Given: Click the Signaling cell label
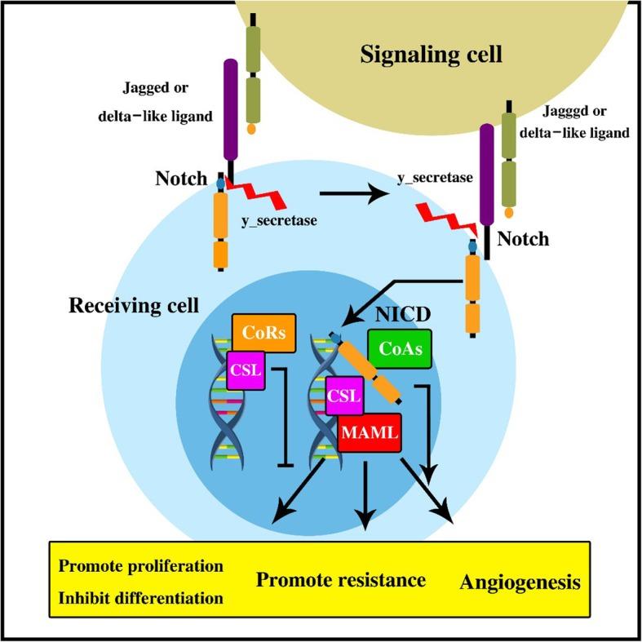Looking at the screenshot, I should pyautogui.click(x=432, y=56).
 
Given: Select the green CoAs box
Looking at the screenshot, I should pyautogui.click(x=400, y=348).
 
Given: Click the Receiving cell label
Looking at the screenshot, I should pyautogui.click(x=135, y=307).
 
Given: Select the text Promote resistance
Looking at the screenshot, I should pyautogui.click(x=341, y=580).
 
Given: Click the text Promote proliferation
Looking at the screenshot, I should pyautogui.click(x=140, y=565).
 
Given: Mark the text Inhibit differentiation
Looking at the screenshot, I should pyautogui.click(x=140, y=598).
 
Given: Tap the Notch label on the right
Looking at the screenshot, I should pyautogui.click(x=522, y=240).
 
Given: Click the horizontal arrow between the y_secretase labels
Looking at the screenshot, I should pyautogui.click(x=354, y=194).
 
